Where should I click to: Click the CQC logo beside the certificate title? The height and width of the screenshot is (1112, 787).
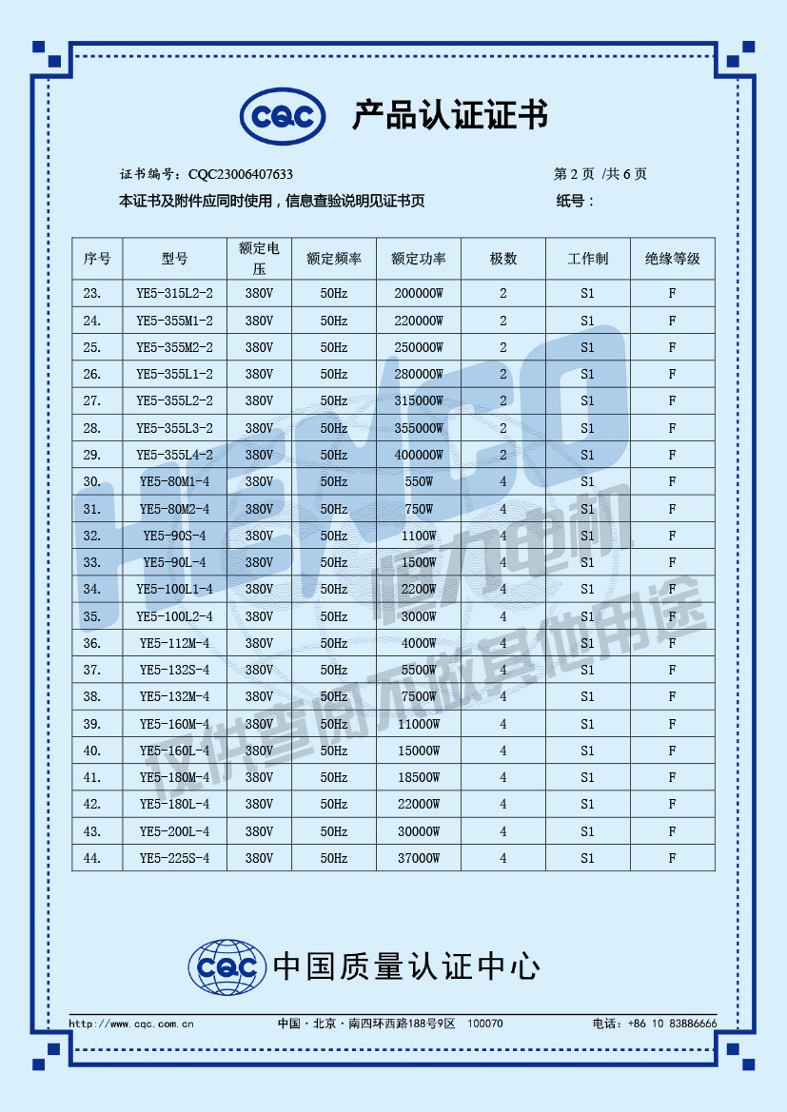tap(283, 117)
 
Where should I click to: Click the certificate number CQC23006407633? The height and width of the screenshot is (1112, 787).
tap(241, 174)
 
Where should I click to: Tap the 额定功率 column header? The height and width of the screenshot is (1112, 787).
tap(419, 259)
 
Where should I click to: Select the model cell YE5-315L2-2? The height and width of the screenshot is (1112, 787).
tap(174, 294)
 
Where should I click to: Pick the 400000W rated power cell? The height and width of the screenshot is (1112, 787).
tap(419, 455)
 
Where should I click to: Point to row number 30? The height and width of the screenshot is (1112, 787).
tap(92, 481)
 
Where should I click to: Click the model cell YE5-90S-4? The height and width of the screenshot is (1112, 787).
tap(174, 536)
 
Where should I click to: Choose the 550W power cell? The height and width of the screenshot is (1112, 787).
tap(419, 481)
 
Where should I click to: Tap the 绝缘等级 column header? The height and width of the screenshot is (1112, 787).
tap(672, 259)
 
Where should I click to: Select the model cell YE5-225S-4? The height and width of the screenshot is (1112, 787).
tap(174, 858)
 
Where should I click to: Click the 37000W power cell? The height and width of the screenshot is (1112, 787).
tap(419, 858)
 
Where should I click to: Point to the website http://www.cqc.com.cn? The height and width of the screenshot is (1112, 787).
tap(132, 1024)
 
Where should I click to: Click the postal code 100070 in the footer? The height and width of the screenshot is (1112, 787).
tap(486, 1024)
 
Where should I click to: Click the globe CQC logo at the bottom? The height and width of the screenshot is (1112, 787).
tap(226, 968)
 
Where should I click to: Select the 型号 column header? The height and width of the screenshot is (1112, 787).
tap(174, 259)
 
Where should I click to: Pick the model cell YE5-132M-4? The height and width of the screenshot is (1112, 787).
tap(174, 696)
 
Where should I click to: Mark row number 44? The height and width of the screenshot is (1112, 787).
tap(92, 858)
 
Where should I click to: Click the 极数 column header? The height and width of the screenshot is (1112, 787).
tap(503, 259)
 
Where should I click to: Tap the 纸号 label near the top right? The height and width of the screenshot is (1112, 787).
tap(575, 201)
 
